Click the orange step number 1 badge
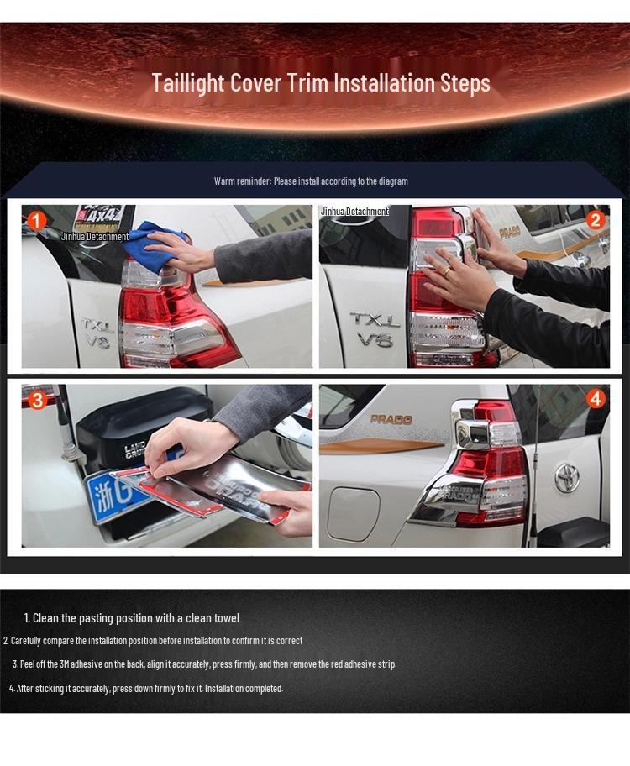coord(35,222)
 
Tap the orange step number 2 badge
coord(596,221)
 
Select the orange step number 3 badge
coord(37,400)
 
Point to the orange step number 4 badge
coord(596,399)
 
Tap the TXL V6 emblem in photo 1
coord(97,332)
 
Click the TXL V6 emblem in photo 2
coord(375,329)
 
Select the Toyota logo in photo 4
coord(567,478)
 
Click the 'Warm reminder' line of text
coord(311,181)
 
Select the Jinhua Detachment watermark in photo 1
coord(95,237)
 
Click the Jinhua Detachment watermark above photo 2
coord(354,212)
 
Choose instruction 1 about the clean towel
coord(131,618)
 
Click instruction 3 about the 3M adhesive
coord(204,664)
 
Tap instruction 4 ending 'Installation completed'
coord(146,689)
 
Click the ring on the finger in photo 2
coord(448,272)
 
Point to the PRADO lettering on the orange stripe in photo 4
coord(391,419)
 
